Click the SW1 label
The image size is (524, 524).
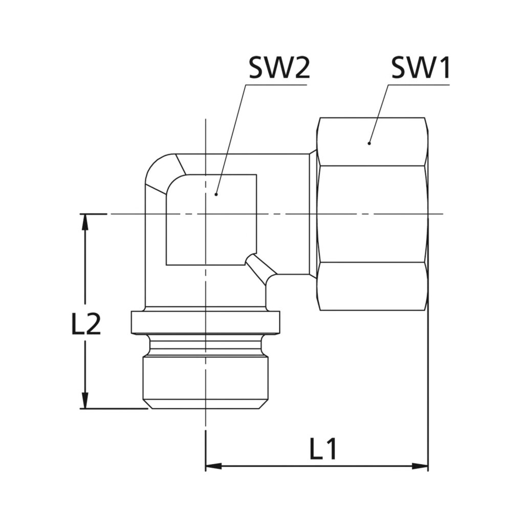pos(421,69)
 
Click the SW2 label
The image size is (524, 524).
pos(279,69)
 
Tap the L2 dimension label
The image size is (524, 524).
pos(86,325)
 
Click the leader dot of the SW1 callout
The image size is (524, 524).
pos(369,143)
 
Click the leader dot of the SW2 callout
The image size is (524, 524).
pos(216,194)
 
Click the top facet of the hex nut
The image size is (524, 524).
pos(372,142)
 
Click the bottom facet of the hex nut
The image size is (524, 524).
pos(372,286)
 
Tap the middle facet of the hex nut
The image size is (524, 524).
pos(372,214)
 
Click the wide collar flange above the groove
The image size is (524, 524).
pos(205,322)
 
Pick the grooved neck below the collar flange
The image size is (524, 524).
pos(205,345)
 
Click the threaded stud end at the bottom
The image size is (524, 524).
pos(205,381)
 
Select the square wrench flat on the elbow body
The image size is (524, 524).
pos(211,220)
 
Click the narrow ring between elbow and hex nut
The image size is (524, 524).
pos(313,214)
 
